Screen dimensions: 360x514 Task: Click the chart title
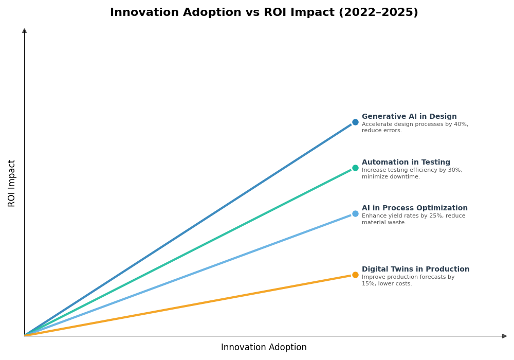coord(264,13)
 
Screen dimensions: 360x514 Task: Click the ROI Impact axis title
coord(12,183)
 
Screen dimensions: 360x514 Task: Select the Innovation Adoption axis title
coord(264,348)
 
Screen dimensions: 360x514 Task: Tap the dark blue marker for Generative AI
coord(355,122)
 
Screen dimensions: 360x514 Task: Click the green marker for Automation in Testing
coord(355,168)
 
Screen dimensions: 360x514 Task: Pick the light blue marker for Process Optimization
coord(355,214)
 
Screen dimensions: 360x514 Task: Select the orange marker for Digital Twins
coord(355,275)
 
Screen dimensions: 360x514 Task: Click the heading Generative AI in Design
coord(409,117)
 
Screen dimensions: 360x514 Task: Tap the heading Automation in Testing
coord(406,163)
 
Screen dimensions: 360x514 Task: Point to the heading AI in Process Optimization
coord(414,208)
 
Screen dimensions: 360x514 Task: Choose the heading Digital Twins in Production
coord(415,269)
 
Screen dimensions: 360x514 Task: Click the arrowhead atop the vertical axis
coord(24,31)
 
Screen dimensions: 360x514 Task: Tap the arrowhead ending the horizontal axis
coord(504,336)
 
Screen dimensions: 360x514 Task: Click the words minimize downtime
coord(391,177)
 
